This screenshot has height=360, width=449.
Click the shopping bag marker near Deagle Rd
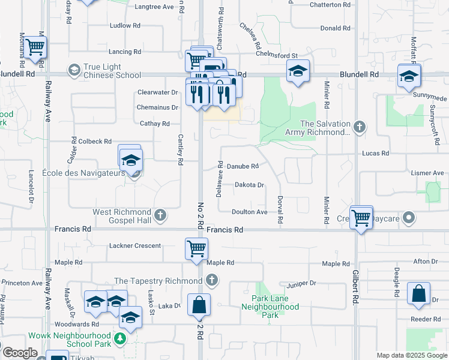pos(419,295)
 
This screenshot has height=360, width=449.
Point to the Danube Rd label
pos(243,166)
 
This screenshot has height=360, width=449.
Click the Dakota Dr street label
pos(249,185)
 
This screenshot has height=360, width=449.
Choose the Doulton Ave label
pos(250,212)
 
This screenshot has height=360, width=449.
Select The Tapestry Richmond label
pos(158,281)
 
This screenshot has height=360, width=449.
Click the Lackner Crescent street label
pos(135,245)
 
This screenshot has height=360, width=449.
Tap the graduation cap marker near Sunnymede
pos(409,76)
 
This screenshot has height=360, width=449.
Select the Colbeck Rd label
pos(95,142)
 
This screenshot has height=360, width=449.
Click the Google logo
pos(19,353)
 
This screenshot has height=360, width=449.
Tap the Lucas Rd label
pos(375,153)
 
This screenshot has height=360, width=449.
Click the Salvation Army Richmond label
pos(325,128)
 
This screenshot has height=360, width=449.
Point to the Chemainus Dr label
pos(158,107)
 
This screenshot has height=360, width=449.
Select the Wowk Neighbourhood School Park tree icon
pos(120,340)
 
